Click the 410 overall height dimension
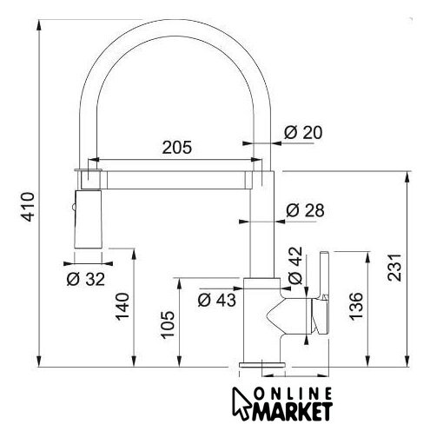click(29, 207)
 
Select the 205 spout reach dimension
click(176, 147)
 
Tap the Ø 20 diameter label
click(303, 132)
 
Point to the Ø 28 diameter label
click(305, 210)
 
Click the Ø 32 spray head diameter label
click(86, 280)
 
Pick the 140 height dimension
click(122, 307)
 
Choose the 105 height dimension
click(168, 325)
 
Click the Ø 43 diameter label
click(217, 300)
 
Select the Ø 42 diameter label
click(295, 265)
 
